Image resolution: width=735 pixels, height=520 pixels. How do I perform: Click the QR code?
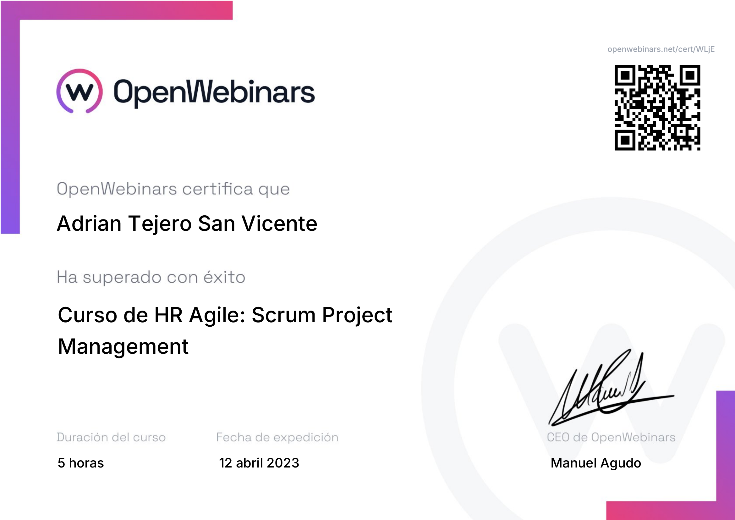(x=657, y=108)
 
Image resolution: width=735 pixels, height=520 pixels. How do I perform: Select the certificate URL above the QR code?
(x=661, y=49)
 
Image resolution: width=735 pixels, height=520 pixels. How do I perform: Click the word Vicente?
(x=279, y=223)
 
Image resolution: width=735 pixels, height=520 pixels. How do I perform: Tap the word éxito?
(x=224, y=277)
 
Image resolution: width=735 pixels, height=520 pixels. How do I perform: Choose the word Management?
(x=123, y=347)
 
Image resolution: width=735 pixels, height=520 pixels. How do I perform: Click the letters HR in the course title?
(x=168, y=315)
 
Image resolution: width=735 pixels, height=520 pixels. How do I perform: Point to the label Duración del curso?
(x=111, y=437)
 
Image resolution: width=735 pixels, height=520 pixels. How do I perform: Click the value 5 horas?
(x=81, y=463)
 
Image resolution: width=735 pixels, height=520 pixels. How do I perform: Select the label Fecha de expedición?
(x=277, y=437)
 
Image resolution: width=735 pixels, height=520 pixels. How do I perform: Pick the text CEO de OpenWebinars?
(x=611, y=437)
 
